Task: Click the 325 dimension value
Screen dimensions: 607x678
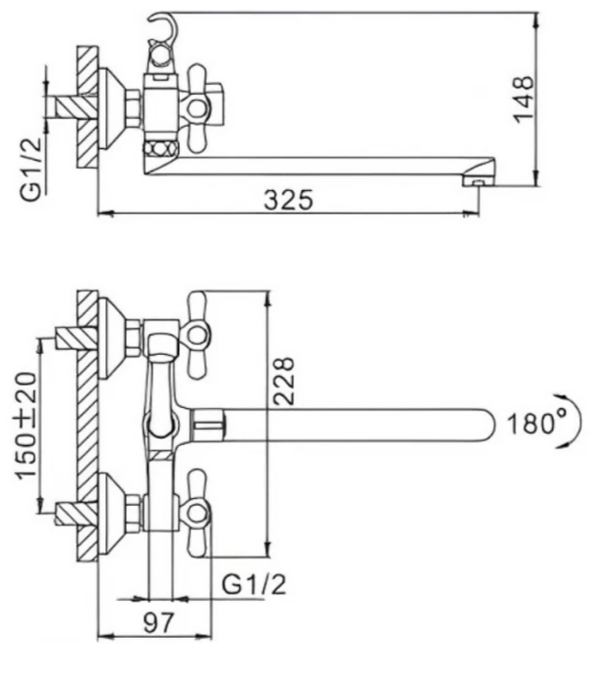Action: (x=288, y=199)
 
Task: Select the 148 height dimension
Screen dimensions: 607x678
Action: (x=523, y=100)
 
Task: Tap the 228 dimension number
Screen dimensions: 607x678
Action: (x=283, y=381)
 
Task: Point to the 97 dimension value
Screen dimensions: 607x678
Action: (x=158, y=622)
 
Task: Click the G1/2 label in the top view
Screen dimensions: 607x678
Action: (x=32, y=169)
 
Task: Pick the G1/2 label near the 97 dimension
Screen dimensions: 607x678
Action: (x=254, y=585)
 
